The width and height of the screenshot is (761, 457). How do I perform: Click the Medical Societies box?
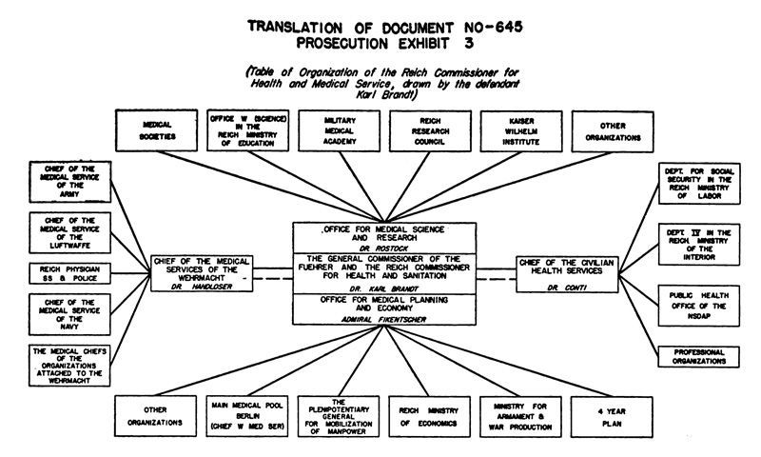pyautogui.click(x=156, y=130)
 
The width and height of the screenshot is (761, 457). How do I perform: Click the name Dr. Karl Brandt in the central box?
pyautogui.click(x=382, y=288)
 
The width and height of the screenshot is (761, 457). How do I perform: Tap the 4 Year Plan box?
pyautogui.click(x=612, y=416)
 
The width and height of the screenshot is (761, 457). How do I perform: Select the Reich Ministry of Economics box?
pyautogui.click(x=429, y=416)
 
